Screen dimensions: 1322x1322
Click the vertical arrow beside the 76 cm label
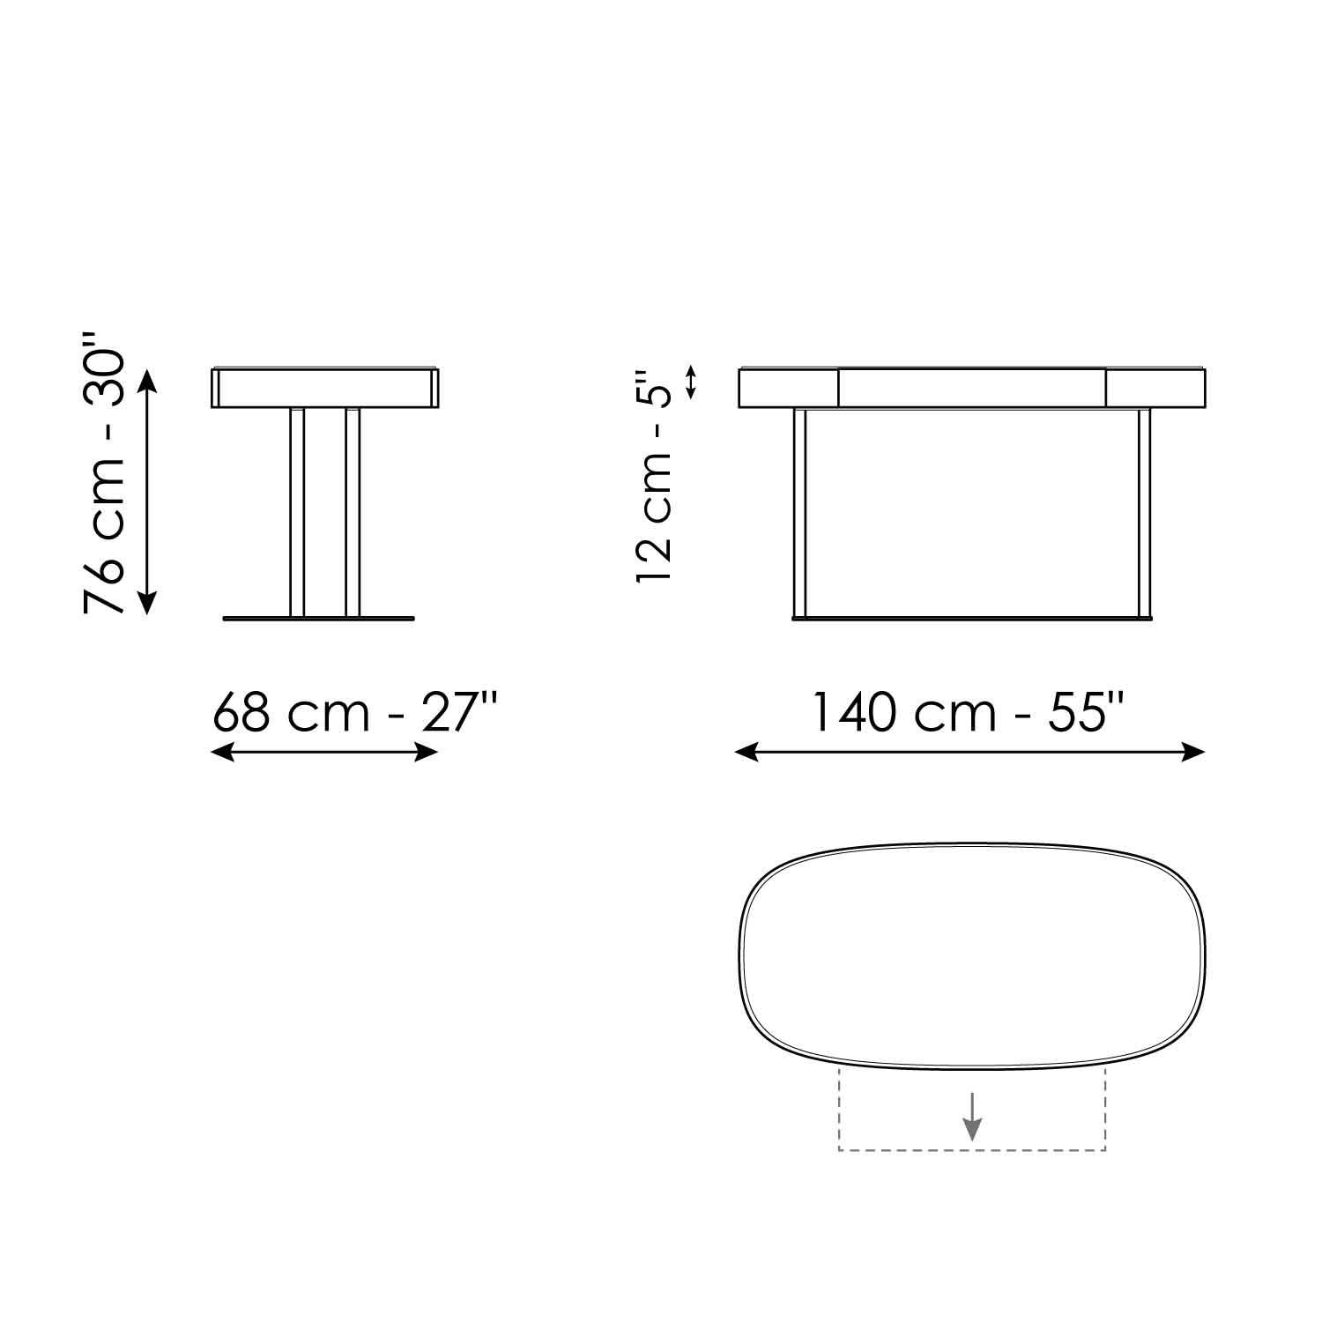[147, 491]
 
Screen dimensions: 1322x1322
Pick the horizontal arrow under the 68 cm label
[325, 752]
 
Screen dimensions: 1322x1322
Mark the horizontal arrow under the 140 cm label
[969, 752]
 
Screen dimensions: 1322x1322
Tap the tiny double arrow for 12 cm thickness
[692, 382]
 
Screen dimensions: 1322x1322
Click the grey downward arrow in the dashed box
[971, 1116]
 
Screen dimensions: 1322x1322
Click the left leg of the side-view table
[297, 512]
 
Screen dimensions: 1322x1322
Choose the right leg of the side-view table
[353, 512]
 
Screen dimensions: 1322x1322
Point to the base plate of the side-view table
[318, 620]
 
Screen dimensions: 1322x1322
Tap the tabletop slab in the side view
[325, 388]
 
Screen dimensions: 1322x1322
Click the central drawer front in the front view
[971, 388]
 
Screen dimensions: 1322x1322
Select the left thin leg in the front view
[800, 512]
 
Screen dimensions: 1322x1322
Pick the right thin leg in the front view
[1144, 512]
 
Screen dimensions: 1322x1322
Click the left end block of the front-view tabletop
[788, 388]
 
